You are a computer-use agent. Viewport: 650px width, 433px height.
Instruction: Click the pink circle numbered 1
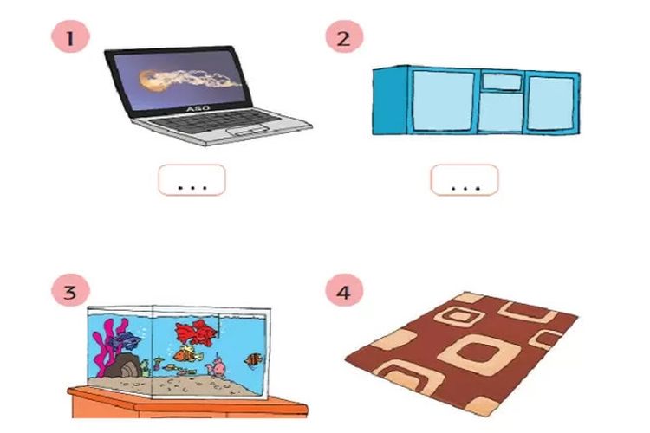pyautogui.click(x=70, y=38)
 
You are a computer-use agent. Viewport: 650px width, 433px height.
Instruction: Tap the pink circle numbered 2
pyautogui.click(x=344, y=37)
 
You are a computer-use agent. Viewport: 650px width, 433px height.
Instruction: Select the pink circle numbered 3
pyautogui.click(x=70, y=291)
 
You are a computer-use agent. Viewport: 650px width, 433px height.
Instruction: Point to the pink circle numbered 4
pyautogui.click(x=344, y=291)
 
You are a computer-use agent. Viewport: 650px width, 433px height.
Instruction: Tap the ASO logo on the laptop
pyautogui.click(x=198, y=108)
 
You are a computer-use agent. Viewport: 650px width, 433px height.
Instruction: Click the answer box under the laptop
pyautogui.click(x=192, y=180)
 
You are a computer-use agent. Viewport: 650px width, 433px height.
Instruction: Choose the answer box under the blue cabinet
pyautogui.click(x=465, y=180)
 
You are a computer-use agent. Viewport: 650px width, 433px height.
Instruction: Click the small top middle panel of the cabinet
pyautogui.click(x=502, y=81)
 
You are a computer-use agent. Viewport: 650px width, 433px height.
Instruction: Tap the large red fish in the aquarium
pyautogui.click(x=196, y=332)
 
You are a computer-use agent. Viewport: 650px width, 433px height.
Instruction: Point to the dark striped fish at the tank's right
pyautogui.click(x=252, y=360)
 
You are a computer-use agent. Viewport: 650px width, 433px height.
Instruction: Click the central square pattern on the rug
pyautogui.click(x=478, y=355)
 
